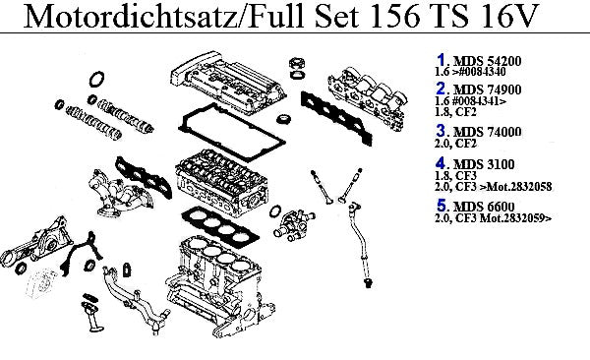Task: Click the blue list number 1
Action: [441, 60]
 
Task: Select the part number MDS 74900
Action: [488, 90]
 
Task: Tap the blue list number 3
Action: [441, 131]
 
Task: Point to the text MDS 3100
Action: [484, 164]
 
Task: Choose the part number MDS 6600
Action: [484, 207]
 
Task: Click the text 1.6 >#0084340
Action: [470, 72]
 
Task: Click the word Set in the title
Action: [336, 16]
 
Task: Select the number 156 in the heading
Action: [394, 16]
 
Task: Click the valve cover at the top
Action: [228, 83]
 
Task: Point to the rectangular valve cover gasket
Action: [231, 132]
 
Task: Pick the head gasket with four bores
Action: [220, 225]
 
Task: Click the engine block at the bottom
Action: [220, 286]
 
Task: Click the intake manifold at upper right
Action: [368, 98]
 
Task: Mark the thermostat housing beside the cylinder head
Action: [294, 225]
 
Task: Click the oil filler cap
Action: [297, 63]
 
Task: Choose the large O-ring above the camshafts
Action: [96, 79]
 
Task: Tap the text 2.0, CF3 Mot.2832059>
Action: [493, 218]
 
